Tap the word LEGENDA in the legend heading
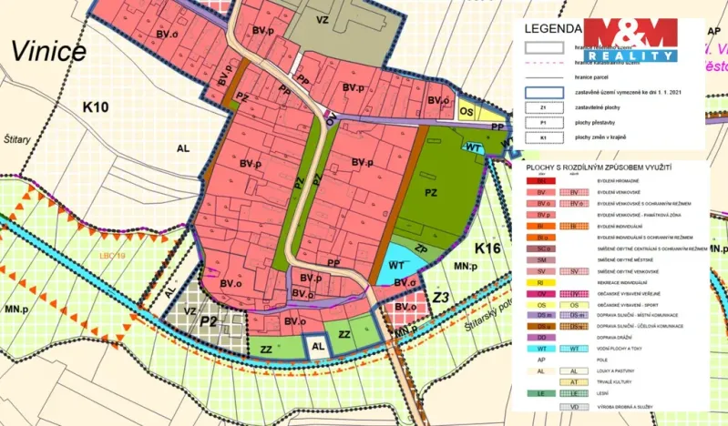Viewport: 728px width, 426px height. pos(553,28)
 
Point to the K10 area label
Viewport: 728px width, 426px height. pos(96,107)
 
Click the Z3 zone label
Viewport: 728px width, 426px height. pos(442,297)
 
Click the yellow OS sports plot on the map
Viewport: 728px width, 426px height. pos(467,112)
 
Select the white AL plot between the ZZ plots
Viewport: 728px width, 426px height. pos(317,346)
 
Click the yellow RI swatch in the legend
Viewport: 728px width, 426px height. pos(539,283)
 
